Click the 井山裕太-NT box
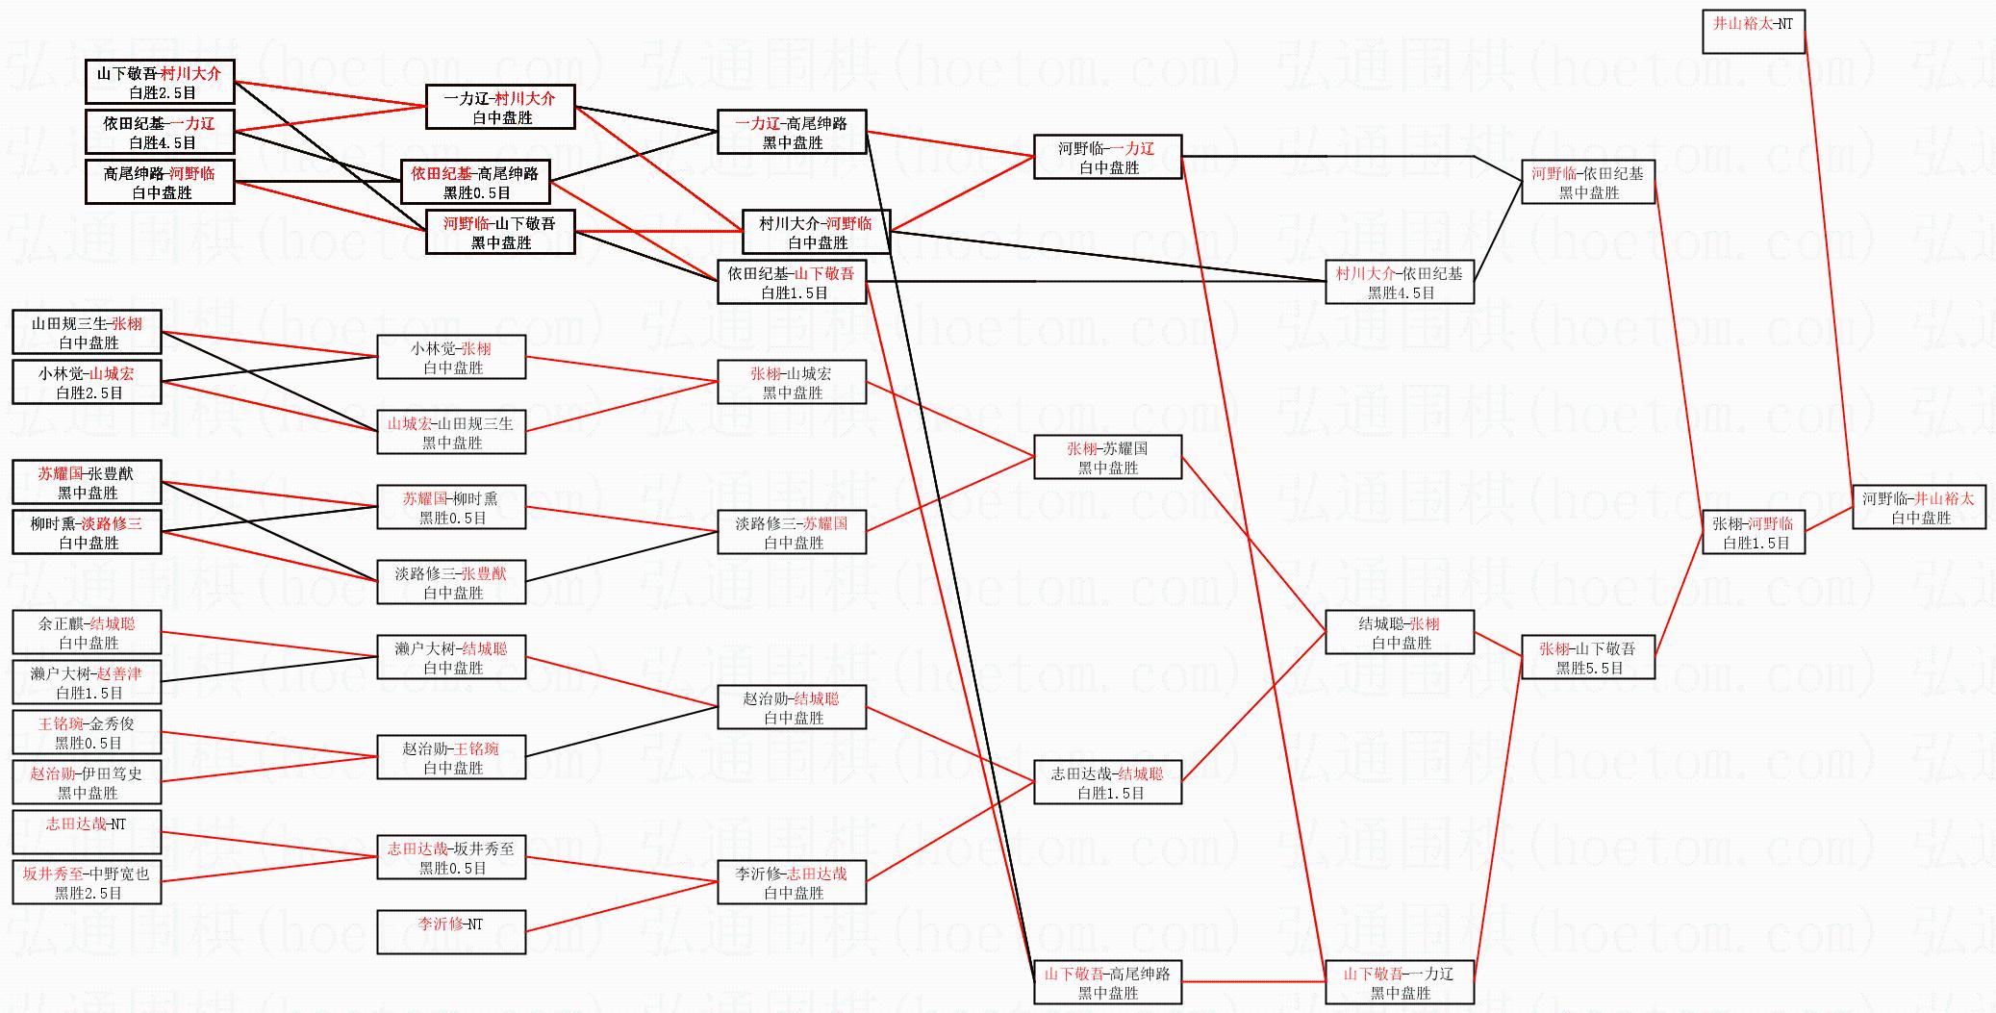tap(1753, 32)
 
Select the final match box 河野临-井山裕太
tap(1918, 507)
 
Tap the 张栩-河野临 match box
tap(1753, 532)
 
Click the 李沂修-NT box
tap(451, 931)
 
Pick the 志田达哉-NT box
tap(87, 832)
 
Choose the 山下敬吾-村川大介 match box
tap(160, 82)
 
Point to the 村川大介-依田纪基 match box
tap(1399, 282)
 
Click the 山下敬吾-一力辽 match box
tap(1399, 982)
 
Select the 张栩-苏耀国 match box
tap(1107, 457)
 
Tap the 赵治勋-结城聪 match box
tap(792, 707)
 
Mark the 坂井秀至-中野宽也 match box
tap(87, 882)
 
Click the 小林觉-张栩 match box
tap(451, 357)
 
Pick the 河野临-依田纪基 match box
tap(1587, 182)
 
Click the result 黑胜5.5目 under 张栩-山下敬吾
tap(1589, 669)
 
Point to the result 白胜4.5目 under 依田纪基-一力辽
tap(162, 143)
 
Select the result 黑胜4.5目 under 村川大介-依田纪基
tap(1401, 293)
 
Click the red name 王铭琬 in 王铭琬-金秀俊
tap(61, 723)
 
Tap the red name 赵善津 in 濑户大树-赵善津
tap(118, 673)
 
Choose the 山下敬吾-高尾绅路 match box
tap(1107, 982)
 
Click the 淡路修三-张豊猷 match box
tap(451, 582)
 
